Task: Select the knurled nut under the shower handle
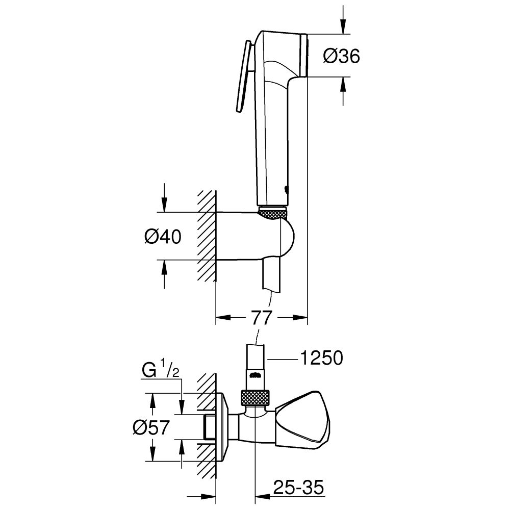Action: (x=273, y=212)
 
